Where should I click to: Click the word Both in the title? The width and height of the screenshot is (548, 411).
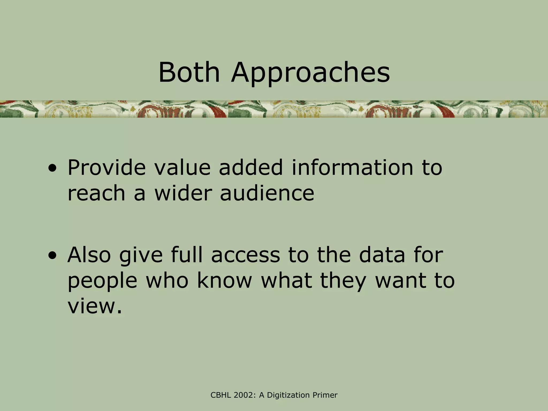point(189,72)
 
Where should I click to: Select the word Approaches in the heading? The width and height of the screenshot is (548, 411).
point(310,73)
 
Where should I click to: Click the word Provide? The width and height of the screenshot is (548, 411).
point(106,168)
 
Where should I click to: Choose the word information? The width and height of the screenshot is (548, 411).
point(352,168)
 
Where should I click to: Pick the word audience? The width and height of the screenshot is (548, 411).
point(267,193)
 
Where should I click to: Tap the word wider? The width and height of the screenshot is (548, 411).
point(183,193)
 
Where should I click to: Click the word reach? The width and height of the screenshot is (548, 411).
point(96,193)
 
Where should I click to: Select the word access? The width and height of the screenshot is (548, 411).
point(245,255)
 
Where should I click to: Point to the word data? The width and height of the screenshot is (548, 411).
point(382,255)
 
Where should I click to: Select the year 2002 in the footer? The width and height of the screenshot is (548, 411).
point(244,395)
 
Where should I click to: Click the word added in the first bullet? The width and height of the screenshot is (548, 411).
point(251,168)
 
